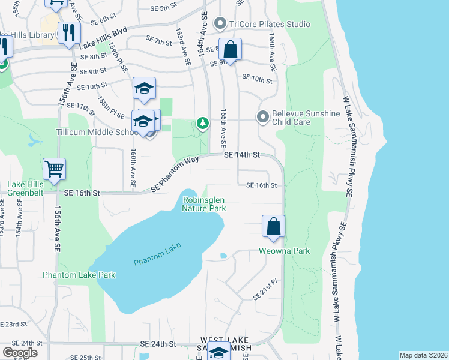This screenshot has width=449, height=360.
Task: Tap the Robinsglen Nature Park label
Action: (204, 204)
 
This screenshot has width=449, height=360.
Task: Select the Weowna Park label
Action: (285, 251)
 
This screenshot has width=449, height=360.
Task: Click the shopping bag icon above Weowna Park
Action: (273, 227)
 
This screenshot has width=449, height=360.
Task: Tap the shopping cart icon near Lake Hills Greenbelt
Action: (54, 169)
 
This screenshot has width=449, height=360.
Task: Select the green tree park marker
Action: (203, 124)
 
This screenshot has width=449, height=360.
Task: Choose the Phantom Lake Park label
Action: (79, 275)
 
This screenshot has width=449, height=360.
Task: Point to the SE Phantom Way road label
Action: (175, 174)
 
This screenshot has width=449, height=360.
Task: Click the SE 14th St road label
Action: (241, 155)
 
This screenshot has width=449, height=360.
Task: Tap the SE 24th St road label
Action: (158, 344)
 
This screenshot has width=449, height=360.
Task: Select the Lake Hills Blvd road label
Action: (103, 38)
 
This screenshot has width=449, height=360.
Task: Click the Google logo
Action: (20, 352)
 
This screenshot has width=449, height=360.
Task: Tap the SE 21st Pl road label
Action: (266, 289)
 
